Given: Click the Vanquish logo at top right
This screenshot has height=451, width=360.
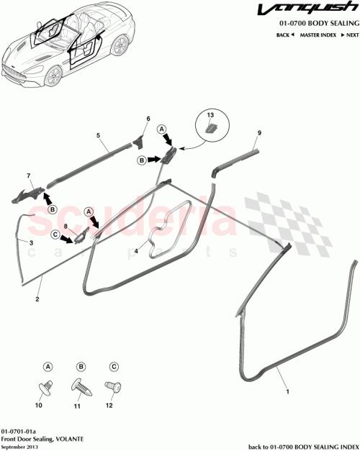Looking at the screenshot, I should click(x=318, y=12).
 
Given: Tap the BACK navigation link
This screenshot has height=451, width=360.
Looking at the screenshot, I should click(x=284, y=35).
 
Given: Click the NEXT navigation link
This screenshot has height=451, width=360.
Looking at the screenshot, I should click(x=351, y=35).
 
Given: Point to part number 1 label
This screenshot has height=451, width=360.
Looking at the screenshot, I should click(x=289, y=393).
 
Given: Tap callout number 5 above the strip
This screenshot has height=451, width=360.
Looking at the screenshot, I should click(x=97, y=135).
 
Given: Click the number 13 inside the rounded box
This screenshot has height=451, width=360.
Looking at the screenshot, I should click(x=211, y=115).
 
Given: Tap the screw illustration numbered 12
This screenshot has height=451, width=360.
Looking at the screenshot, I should click(x=112, y=388).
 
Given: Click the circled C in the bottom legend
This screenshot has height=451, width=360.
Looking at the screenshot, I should click(x=112, y=366).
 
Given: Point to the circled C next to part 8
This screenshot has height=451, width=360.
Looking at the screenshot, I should click(x=55, y=233).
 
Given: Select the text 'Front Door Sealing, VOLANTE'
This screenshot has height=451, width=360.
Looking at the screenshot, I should click(x=36, y=437).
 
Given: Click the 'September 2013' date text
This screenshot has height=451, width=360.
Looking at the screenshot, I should click(x=19, y=445).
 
